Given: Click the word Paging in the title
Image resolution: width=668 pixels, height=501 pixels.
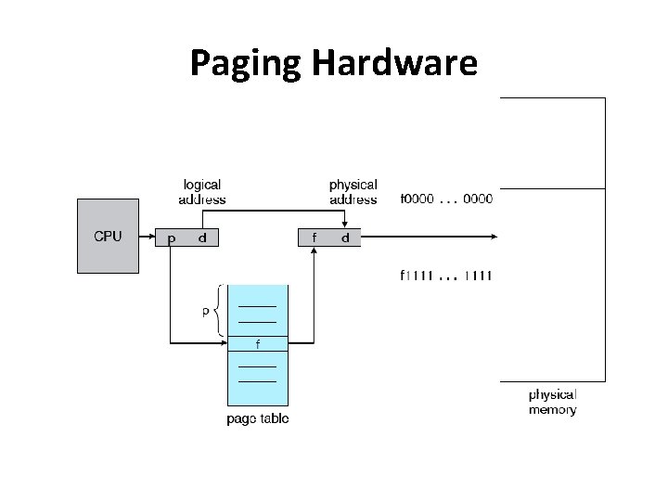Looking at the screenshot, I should tap(247, 64).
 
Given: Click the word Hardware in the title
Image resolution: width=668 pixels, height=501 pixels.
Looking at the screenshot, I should tap(394, 62).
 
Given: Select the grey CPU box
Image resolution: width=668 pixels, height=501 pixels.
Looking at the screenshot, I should tap(109, 237).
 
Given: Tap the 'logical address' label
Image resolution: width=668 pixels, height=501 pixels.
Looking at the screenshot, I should tap(201, 192).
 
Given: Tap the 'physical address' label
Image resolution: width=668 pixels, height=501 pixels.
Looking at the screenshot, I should tap(353, 192).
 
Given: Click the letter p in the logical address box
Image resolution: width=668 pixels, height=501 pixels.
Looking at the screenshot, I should tap(171, 238).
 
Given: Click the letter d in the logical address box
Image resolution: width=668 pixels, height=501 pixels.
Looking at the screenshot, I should tap(203, 238).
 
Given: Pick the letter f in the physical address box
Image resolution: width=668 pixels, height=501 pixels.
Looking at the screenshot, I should tap(315, 238).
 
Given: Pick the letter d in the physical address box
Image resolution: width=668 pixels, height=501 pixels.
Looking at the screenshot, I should tap(345, 238).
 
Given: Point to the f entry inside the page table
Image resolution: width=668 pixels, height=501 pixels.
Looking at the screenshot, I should tap(257, 344).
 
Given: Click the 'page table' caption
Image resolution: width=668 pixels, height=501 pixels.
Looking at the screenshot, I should tap(257, 418).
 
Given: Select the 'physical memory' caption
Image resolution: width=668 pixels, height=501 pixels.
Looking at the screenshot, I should tap(553, 402).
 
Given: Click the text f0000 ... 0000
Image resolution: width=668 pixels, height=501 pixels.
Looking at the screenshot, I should tap(446, 199).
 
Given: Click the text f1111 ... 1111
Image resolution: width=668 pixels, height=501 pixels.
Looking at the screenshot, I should tap(446, 276).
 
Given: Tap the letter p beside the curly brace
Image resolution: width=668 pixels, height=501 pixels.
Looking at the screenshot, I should tap(206, 312).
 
